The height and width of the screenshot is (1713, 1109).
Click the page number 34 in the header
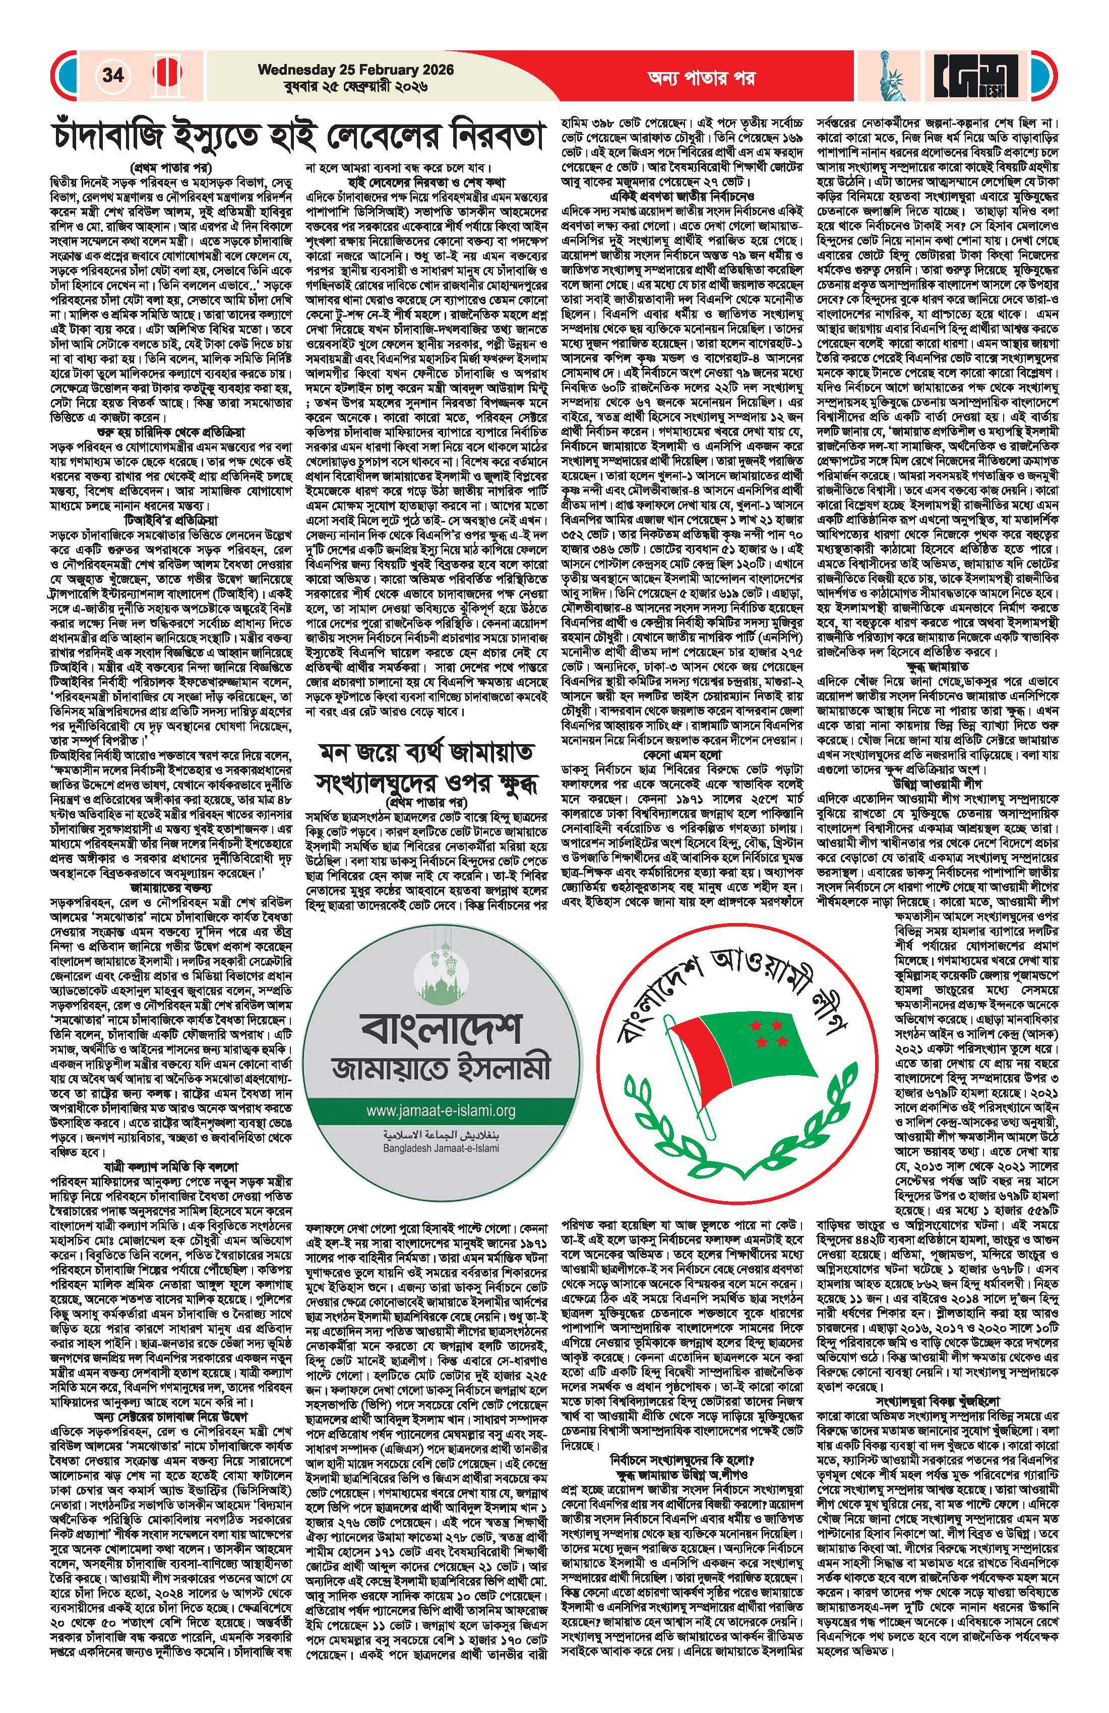[112, 76]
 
